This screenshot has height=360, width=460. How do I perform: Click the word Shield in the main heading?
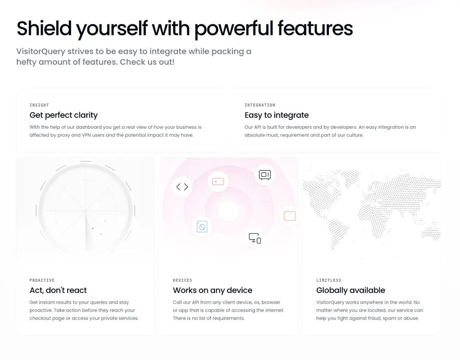coord(44,28)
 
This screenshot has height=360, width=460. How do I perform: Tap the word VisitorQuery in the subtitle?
coord(41,52)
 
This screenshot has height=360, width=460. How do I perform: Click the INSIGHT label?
coord(39,105)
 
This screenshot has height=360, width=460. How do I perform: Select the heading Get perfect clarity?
coord(64,115)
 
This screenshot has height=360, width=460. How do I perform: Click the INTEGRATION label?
coord(260,105)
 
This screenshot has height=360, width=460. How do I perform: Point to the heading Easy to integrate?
coord(277,115)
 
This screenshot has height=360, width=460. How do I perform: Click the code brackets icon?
coord(182,187)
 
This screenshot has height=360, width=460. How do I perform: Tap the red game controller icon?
coord(218,182)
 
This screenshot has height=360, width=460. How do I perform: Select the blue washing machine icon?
coord(202,227)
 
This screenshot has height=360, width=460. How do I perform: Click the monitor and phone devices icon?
coord(255,238)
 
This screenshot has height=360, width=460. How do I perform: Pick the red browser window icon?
coord(289,216)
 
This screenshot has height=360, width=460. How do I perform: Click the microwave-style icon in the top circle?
coord(264,175)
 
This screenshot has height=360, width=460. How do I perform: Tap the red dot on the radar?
coord(93,228)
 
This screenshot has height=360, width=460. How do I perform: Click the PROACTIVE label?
coord(42,280)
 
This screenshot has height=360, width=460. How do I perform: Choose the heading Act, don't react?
coord(58,290)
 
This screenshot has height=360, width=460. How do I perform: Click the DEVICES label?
coord(182,280)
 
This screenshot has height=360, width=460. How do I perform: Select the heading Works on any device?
coord(212,290)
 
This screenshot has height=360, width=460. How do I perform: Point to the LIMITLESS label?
coord(329,280)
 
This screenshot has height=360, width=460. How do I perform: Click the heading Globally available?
coord(351,290)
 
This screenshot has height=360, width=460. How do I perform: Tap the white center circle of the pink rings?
coord(228,210)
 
